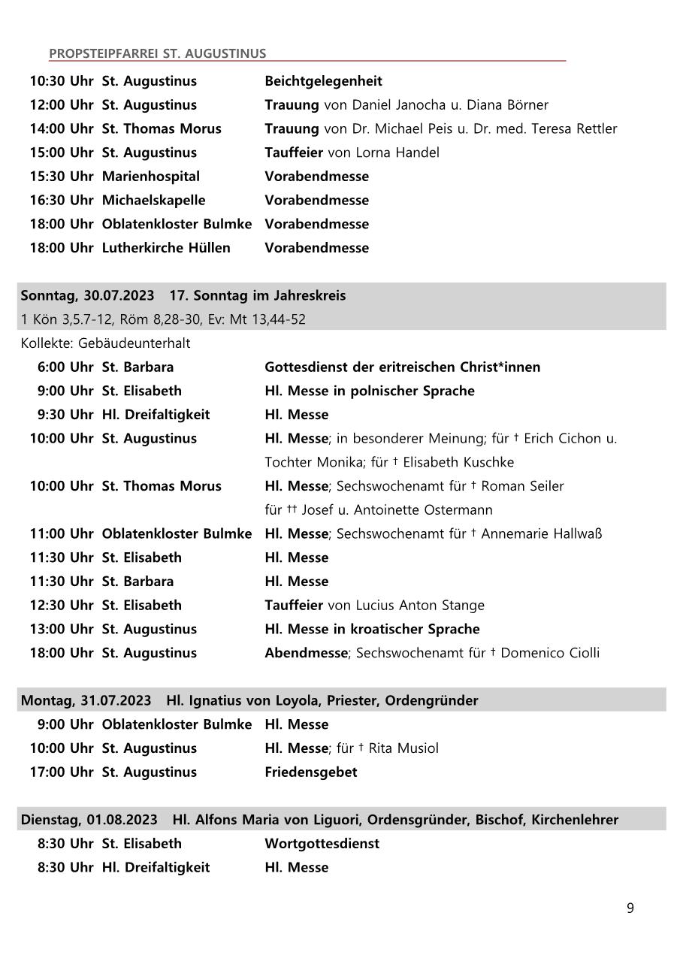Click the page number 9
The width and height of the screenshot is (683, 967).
point(630,908)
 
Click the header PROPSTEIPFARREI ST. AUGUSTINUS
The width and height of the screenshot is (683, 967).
point(157,53)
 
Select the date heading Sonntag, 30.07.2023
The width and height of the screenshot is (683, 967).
point(88,295)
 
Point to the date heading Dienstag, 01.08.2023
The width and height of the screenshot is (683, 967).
point(89,820)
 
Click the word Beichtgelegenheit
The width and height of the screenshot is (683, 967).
point(323,81)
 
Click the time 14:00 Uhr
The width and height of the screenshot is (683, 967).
point(62,129)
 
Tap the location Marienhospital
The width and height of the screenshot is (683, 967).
point(151,177)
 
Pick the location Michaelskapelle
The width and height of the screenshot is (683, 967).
point(153,201)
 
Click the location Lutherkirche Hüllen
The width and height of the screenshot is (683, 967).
point(166,248)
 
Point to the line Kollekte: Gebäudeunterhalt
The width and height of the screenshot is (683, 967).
point(105,343)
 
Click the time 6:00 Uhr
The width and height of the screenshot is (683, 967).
point(65,367)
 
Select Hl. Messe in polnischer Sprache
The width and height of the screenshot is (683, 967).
point(369,391)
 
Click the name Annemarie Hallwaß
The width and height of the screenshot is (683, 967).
point(541,534)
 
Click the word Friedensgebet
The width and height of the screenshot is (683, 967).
point(310,772)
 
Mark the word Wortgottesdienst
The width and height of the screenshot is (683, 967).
point(322,844)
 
